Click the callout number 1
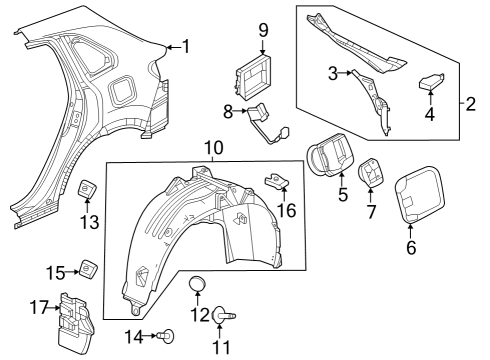[186, 46]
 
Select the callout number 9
[263, 30]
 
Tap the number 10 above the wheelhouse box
[214, 148]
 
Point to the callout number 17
[39, 307]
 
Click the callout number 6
[411, 247]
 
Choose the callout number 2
[471, 104]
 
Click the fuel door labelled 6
[420, 194]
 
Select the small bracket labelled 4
[431, 82]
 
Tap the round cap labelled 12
[197, 284]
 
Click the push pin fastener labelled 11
[223, 315]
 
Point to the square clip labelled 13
[87, 189]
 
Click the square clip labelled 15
[88, 268]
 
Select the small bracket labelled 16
[277, 181]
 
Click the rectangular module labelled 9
[253, 77]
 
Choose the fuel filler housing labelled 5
[330, 155]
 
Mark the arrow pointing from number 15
[72, 272]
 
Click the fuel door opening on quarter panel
[122, 90]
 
